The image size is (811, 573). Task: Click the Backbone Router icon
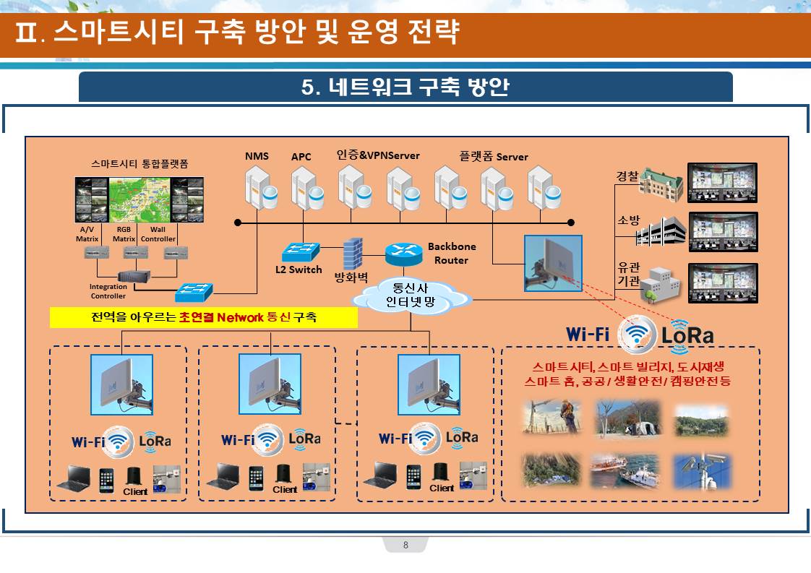(x=403, y=252)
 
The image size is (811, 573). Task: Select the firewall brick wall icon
(x=353, y=254)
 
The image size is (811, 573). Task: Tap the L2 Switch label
(x=299, y=270)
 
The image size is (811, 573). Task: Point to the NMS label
(x=257, y=156)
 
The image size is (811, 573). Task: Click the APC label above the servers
(x=301, y=157)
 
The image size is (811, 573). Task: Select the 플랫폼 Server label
(x=493, y=157)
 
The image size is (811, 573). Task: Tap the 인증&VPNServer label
(x=378, y=155)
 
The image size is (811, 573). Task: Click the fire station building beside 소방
(x=663, y=231)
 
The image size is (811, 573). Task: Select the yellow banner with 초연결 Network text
(x=204, y=317)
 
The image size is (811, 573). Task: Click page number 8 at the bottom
(x=405, y=546)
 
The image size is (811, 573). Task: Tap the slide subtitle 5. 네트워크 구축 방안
(x=405, y=87)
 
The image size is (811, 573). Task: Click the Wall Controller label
(x=158, y=234)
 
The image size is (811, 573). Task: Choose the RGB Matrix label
(x=124, y=234)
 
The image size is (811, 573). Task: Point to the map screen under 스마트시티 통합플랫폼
(x=140, y=199)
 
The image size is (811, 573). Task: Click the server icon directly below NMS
(x=259, y=188)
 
